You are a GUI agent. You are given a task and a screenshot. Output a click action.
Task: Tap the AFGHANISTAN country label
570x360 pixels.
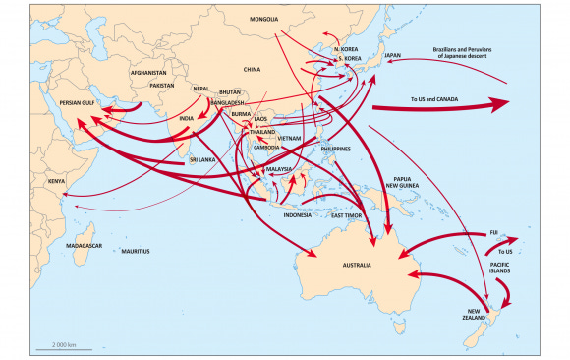coord(153,72)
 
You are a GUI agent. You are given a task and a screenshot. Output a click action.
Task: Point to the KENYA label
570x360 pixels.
coord(58,182)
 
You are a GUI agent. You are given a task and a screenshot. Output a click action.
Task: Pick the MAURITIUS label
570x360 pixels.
coord(137,252)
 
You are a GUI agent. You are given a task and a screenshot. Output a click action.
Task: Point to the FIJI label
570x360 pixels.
coord(494,232)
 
